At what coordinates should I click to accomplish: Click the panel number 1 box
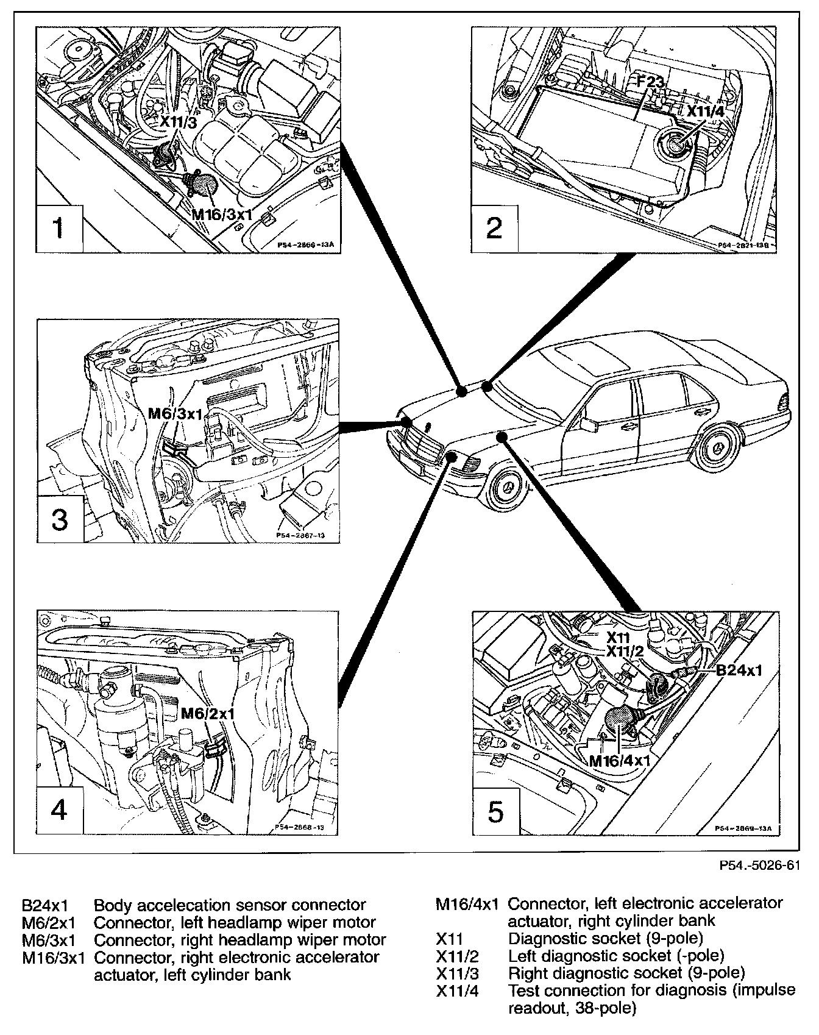tap(58, 229)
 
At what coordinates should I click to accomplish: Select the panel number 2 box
tap(495, 229)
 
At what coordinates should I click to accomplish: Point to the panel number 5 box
tap(495, 812)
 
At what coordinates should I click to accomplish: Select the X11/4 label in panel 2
tap(706, 112)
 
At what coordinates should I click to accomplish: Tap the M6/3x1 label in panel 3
tap(175, 414)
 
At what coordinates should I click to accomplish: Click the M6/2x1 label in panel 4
tap(207, 713)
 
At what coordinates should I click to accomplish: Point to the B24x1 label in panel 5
tap(739, 670)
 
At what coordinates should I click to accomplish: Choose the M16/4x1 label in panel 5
tap(620, 761)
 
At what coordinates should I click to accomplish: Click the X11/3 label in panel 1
tap(179, 121)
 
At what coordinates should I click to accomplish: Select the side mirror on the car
tap(590, 425)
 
